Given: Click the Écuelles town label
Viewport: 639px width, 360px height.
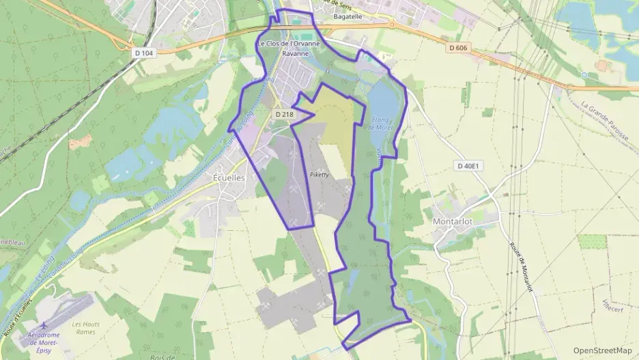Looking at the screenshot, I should pyautogui.click(x=225, y=178).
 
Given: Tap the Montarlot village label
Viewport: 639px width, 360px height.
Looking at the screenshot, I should pyautogui.click(x=459, y=221).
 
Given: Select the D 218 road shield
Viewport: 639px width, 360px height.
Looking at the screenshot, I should pyautogui.click(x=283, y=114).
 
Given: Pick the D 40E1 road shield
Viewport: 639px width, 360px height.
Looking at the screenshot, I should pyautogui.click(x=470, y=166).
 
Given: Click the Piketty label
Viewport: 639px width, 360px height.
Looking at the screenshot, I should pyautogui.click(x=319, y=175).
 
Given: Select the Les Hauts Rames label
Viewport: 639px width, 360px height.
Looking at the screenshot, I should pyautogui.click(x=84, y=328).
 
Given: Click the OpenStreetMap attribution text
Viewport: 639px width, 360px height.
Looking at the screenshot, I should pyautogui.click(x=603, y=350).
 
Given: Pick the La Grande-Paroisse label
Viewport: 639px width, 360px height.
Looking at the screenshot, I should pyautogui.click(x=605, y=122).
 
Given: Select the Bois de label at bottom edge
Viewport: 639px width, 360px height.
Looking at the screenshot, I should pyautogui.click(x=162, y=357).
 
